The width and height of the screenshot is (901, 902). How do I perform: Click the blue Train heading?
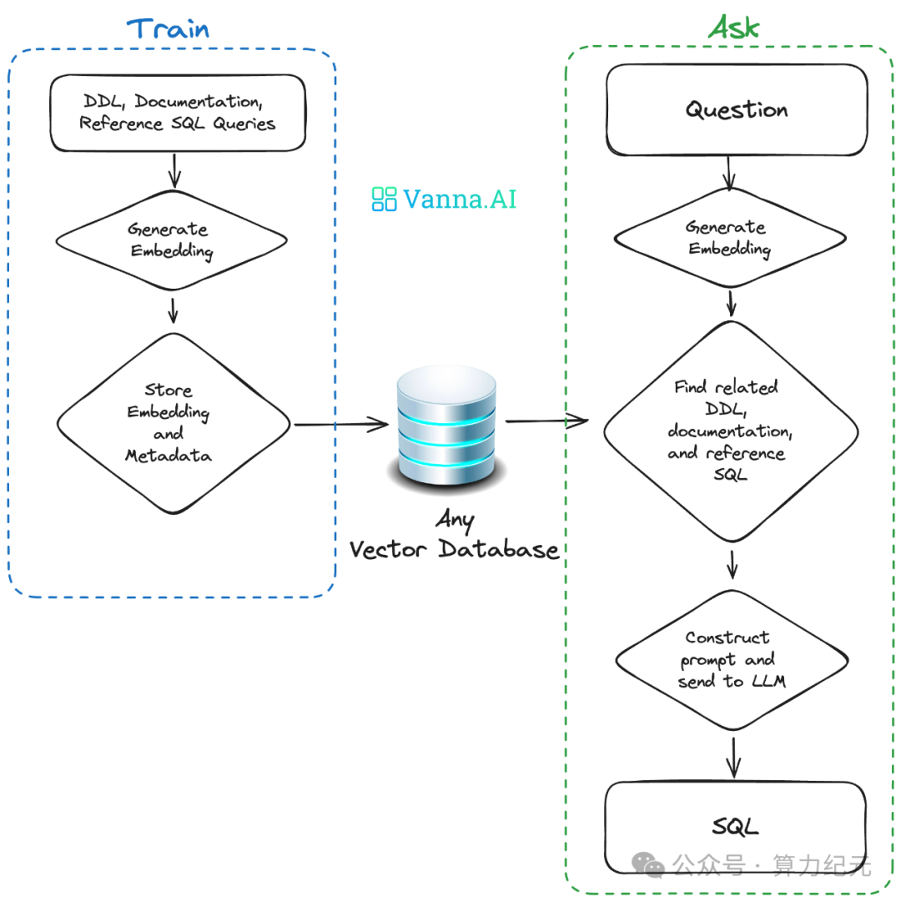coord(169,28)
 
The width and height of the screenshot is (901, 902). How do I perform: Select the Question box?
coord(736,110)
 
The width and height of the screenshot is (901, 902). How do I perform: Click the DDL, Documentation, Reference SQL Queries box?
coord(176,113)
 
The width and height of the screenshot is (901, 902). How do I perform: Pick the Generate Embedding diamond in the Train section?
coord(171,240)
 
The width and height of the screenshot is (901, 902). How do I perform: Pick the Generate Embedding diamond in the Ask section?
coord(729,238)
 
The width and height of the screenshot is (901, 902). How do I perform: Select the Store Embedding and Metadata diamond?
coord(173,423)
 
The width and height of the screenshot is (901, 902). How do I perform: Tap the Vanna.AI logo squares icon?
coord(384,199)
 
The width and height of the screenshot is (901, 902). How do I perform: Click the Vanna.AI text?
coord(460,199)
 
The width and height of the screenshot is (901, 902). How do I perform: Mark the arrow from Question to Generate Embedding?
coord(730,174)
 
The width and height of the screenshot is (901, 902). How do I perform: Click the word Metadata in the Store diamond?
coord(168,456)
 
